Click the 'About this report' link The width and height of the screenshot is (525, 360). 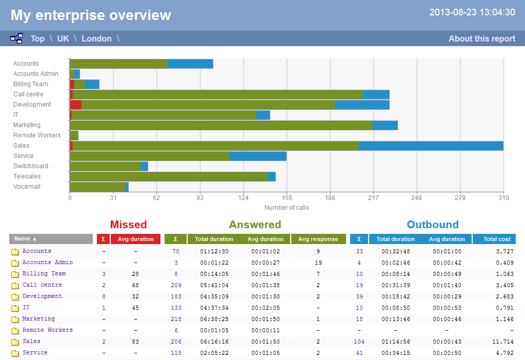[481, 38]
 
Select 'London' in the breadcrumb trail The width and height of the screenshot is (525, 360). [96, 38]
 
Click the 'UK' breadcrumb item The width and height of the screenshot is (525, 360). [63, 38]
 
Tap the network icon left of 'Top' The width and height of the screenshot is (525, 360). [16, 38]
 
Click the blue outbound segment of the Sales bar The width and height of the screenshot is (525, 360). [431, 146]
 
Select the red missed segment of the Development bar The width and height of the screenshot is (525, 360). [75, 105]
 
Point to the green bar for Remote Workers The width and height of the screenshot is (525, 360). [74, 135]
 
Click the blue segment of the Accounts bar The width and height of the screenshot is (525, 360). [190, 64]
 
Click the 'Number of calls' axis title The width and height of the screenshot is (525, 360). [287, 208]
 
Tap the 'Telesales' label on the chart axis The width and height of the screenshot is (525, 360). [27, 176]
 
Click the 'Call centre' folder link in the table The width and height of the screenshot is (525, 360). [42, 285]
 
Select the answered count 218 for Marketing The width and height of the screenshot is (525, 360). [176, 319]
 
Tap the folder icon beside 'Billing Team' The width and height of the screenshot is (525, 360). [15, 274]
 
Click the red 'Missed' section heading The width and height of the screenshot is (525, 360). [128, 225]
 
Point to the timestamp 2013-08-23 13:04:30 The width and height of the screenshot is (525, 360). [472, 12]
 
